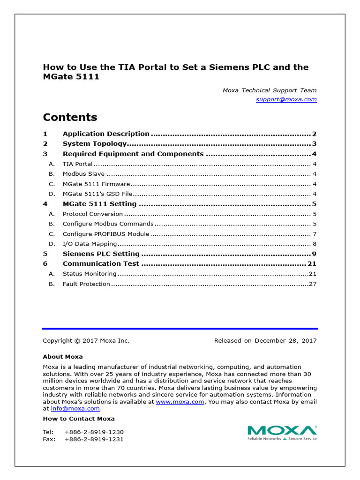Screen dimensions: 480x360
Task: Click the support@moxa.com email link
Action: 286,99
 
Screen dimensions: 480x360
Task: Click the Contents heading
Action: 70,117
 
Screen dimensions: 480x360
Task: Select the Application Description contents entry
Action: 106,134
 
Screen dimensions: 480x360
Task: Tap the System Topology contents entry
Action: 95,144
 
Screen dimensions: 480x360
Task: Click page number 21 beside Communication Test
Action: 312,263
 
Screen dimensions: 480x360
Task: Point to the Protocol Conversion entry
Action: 93,214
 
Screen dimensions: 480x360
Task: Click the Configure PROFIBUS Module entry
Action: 106,234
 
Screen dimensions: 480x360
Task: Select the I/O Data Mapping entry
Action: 90,244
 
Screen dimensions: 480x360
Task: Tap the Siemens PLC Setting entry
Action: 101,254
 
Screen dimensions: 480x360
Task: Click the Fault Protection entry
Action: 86,284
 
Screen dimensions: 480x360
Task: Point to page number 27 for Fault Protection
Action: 313,284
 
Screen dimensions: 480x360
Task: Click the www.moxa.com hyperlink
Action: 180,402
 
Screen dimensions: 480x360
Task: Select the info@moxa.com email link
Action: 75,408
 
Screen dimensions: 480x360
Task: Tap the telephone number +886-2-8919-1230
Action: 94,432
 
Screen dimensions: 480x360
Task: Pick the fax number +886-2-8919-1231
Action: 94,439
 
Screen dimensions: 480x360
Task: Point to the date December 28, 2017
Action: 285,341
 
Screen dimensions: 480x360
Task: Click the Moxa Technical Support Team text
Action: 269,90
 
